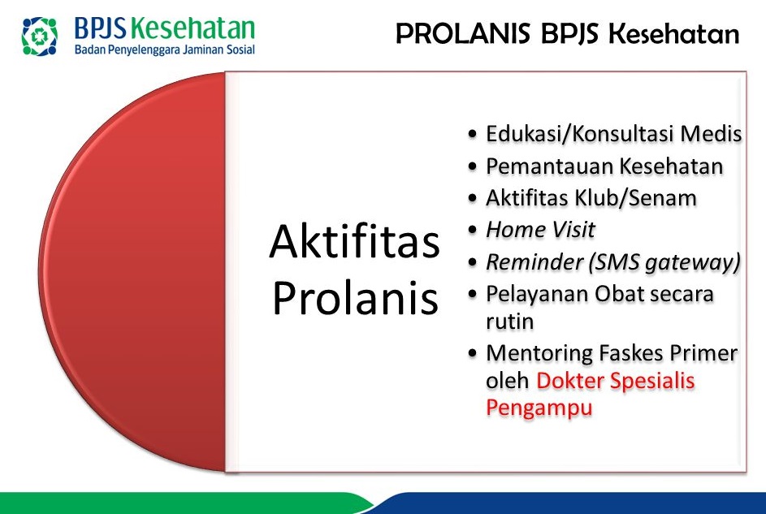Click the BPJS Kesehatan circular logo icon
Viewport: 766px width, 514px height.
tap(40, 35)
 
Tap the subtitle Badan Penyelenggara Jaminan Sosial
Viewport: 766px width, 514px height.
tap(164, 50)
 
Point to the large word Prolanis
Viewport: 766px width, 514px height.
tap(355, 300)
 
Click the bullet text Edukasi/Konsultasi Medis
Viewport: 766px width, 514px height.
tap(613, 133)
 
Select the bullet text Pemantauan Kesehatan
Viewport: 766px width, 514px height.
tap(604, 166)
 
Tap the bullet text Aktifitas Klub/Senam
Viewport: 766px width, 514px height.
tap(591, 197)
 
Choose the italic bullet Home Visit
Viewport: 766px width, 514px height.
tap(540, 230)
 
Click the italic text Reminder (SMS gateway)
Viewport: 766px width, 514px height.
tap(612, 261)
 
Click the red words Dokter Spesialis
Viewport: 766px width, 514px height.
tap(615, 380)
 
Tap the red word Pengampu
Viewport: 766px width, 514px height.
tap(539, 408)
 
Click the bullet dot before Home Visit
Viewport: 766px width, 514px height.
tap(474, 231)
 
